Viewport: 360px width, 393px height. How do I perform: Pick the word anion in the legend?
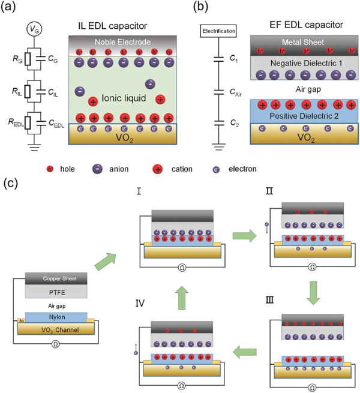point(119,169)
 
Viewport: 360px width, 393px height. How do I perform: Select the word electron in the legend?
point(236,169)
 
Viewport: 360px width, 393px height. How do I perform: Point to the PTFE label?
point(56,292)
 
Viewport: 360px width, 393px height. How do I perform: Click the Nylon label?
point(56,316)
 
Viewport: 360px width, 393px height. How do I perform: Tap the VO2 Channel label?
point(56,330)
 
